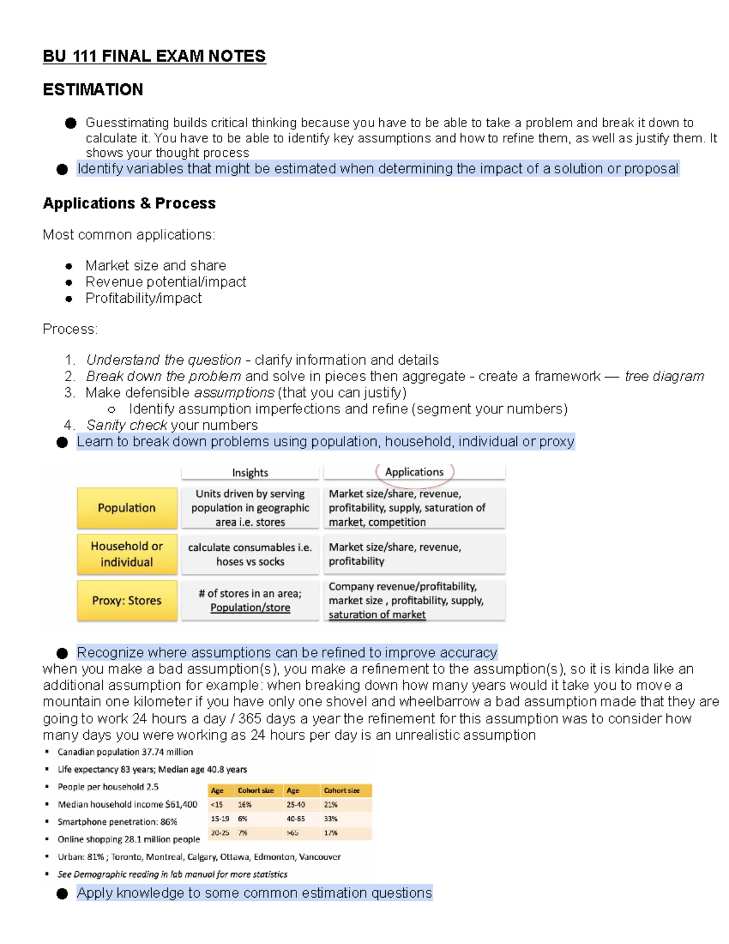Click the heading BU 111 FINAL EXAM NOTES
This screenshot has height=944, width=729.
154,57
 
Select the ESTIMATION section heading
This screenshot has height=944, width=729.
93,90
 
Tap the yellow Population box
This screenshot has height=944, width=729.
127,508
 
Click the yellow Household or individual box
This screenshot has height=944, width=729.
127,554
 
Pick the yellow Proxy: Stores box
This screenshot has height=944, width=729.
127,601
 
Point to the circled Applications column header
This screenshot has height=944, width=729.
414,472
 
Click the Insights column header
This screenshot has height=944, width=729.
250,473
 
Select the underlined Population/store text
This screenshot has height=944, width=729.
250,608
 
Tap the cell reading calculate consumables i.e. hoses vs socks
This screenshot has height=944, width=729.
250,554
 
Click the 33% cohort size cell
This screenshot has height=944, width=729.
331,819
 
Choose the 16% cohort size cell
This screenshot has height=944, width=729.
245,804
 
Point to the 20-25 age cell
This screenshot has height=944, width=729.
220,833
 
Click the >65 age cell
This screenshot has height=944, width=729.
293,833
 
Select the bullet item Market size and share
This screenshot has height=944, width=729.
156,266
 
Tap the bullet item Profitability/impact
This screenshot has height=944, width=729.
143,298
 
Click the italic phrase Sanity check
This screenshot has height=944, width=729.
126,425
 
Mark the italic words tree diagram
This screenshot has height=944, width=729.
664,377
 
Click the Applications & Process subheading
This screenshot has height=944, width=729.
129,204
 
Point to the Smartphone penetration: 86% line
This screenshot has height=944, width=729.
117,822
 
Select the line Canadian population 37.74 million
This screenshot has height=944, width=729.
125,752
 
